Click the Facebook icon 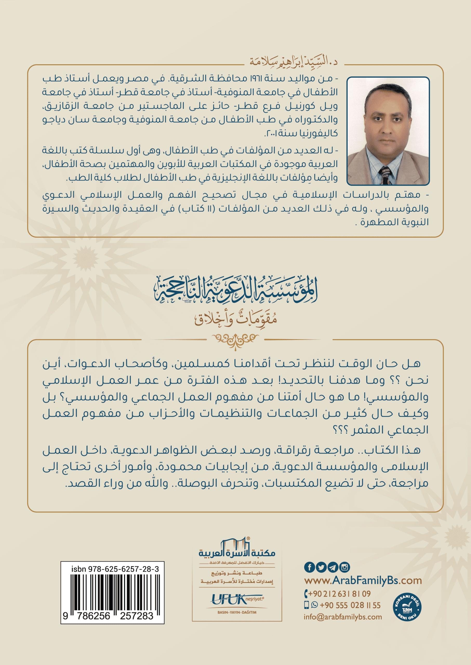click(x=309, y=567)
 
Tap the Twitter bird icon click(x=321, y=567)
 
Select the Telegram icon click(x=333, y=567)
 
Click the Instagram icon click(x=344, y=567)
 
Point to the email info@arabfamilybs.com click(x=343, y=617)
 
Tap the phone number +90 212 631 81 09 click(x=339, y=594)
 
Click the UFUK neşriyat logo click(x=237, y=600)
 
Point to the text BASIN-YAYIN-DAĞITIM click(x=237, y=613)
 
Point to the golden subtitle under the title click(x=235, y=319)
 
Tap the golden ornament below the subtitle click(x=235, y=339)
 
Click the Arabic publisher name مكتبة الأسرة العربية click(x=237, y=553)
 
